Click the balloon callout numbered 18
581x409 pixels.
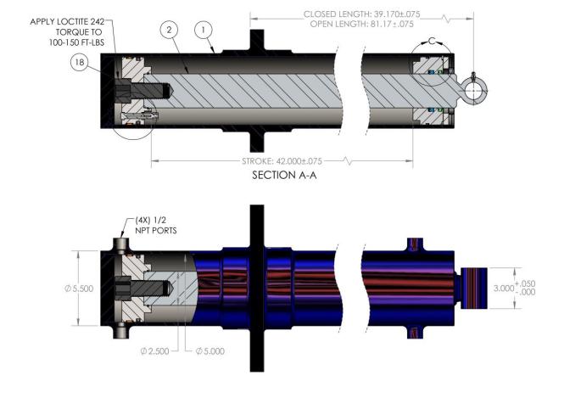pyautogui.click(x=80, y=62)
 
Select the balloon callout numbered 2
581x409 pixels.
pyautogui.click(x=170, y=30)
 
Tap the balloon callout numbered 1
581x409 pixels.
pyautogui.click(x=203, y=30)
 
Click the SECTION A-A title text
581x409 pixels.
pyautogui.click(x=284, y=175)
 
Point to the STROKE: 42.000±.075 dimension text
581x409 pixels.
pyautogui.click(x=282, y=161)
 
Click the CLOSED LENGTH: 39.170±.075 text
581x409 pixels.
pyautogui.click(x=361, y=14)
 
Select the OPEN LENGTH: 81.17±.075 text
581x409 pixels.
pyautogui.click(x=361, y=24)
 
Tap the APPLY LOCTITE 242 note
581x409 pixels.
pyautogui.click(x=67, y=21)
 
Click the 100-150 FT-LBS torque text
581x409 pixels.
pyautogui.click(x=76, y=42)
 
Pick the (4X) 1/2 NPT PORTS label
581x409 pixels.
pyautogui.click(x=155, y=226)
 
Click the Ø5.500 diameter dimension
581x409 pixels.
pyautogui.click(x=79, y=289)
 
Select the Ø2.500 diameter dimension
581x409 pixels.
pyautogui.click(x=155, y=350)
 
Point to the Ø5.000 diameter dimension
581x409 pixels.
pyautogui.click(x=210, y=350)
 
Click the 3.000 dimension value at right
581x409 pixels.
pyautogui.click(x=504, y=289)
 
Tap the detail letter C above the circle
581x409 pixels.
pyautogui.click(x=432, y=41)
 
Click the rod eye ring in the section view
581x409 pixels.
pyautogui.click(x=475, y=91)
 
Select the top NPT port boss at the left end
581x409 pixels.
pyautogui.click(x=121, y=245)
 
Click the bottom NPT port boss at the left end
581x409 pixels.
pyautogui.click(x=121, y=330)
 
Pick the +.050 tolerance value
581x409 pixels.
pyautogui.click(x=525, y=283)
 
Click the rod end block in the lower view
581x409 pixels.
pyautogui.click(x=474, y=289)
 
